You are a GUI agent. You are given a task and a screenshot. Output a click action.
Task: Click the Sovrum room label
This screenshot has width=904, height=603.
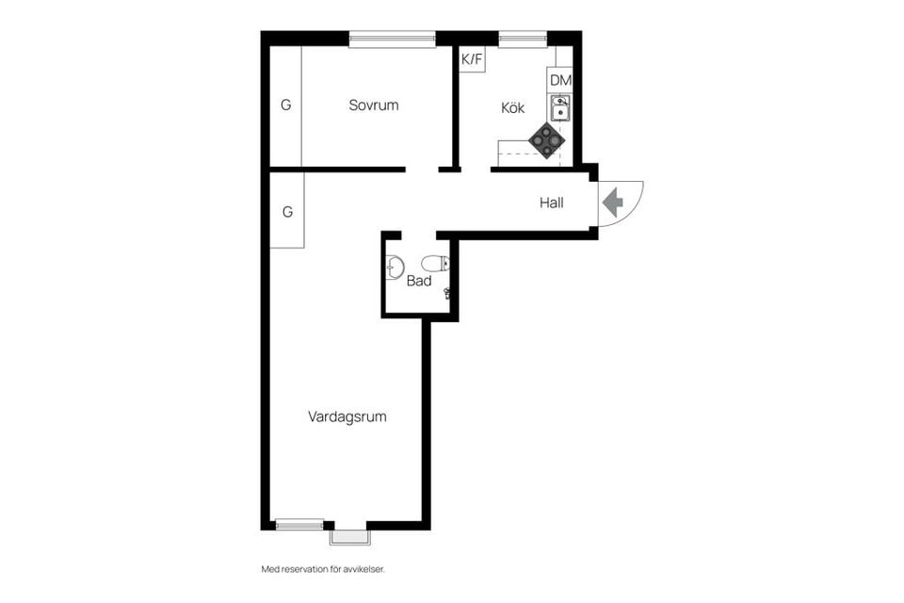373,106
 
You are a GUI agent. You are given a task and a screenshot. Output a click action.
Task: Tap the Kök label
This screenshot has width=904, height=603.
512,108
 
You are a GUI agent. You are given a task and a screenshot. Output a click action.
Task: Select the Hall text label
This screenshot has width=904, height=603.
552,202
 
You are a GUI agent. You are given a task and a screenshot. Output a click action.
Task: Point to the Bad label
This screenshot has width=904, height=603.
419,281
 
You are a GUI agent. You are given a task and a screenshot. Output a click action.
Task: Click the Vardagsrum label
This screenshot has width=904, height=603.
347,416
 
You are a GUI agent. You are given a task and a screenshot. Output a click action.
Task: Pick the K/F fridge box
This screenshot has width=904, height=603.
472,59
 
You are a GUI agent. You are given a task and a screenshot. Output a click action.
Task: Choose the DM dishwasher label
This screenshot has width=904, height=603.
560,81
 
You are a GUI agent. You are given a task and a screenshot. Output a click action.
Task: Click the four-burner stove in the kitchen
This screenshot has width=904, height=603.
546,140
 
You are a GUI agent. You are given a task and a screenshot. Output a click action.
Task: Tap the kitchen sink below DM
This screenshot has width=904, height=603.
560,107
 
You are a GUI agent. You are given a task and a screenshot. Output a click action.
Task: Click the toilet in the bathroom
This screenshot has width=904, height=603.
436,264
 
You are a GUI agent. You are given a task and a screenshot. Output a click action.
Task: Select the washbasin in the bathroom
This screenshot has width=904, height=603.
395,268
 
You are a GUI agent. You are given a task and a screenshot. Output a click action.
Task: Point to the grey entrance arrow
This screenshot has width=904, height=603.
613,203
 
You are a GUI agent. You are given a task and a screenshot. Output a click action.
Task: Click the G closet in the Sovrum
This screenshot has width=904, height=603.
285,106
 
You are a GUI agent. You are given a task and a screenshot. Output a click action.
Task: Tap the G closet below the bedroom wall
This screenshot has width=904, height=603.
287,212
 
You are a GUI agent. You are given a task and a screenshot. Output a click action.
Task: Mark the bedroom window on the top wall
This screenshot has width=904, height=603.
392,39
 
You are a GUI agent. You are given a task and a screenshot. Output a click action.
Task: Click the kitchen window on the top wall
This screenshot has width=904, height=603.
523,39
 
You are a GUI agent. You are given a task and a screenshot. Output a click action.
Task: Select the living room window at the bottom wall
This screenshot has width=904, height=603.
299,525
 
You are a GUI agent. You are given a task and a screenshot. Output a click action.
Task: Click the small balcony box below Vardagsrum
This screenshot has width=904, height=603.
350,537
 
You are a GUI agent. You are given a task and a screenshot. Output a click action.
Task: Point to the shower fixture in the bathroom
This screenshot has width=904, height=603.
447,294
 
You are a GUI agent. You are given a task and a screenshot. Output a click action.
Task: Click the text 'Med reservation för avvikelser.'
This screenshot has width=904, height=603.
323,569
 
